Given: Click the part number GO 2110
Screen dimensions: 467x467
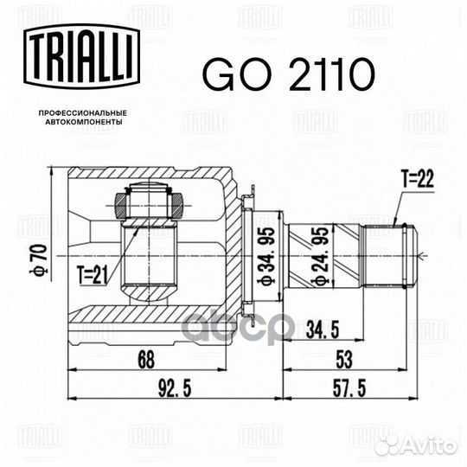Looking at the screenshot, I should click(x=285, y=76).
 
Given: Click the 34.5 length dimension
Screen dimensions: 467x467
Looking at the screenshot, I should click(x=323, y=329).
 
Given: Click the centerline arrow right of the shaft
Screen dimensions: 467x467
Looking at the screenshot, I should click(x=423, y=255).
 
